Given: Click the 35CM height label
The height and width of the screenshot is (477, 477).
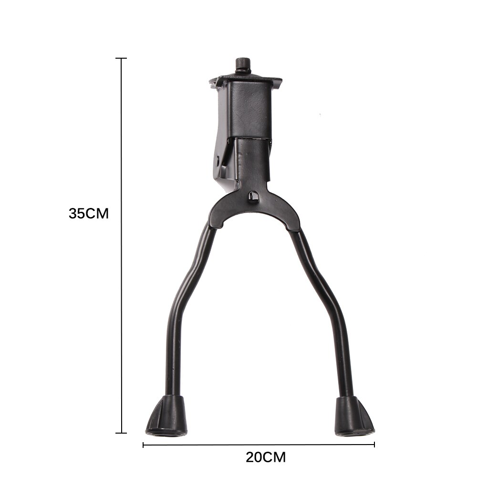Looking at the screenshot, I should point(89,214).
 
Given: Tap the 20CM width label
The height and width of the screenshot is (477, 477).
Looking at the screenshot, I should point(266,458).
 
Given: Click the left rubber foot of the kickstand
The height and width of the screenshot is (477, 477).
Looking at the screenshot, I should point(166,417).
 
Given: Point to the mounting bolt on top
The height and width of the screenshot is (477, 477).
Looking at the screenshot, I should point(243,65).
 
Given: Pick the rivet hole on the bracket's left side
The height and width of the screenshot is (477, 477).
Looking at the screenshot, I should point(218,160).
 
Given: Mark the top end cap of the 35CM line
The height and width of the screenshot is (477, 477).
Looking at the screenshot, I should point(121,58).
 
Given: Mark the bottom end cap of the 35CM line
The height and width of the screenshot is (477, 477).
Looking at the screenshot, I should point(121,433).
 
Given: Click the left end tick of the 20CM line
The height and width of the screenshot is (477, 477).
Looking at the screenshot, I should point(143,445).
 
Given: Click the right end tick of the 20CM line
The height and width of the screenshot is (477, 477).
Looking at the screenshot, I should point(374,445).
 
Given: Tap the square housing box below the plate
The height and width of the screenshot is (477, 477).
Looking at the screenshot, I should point(246,112).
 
